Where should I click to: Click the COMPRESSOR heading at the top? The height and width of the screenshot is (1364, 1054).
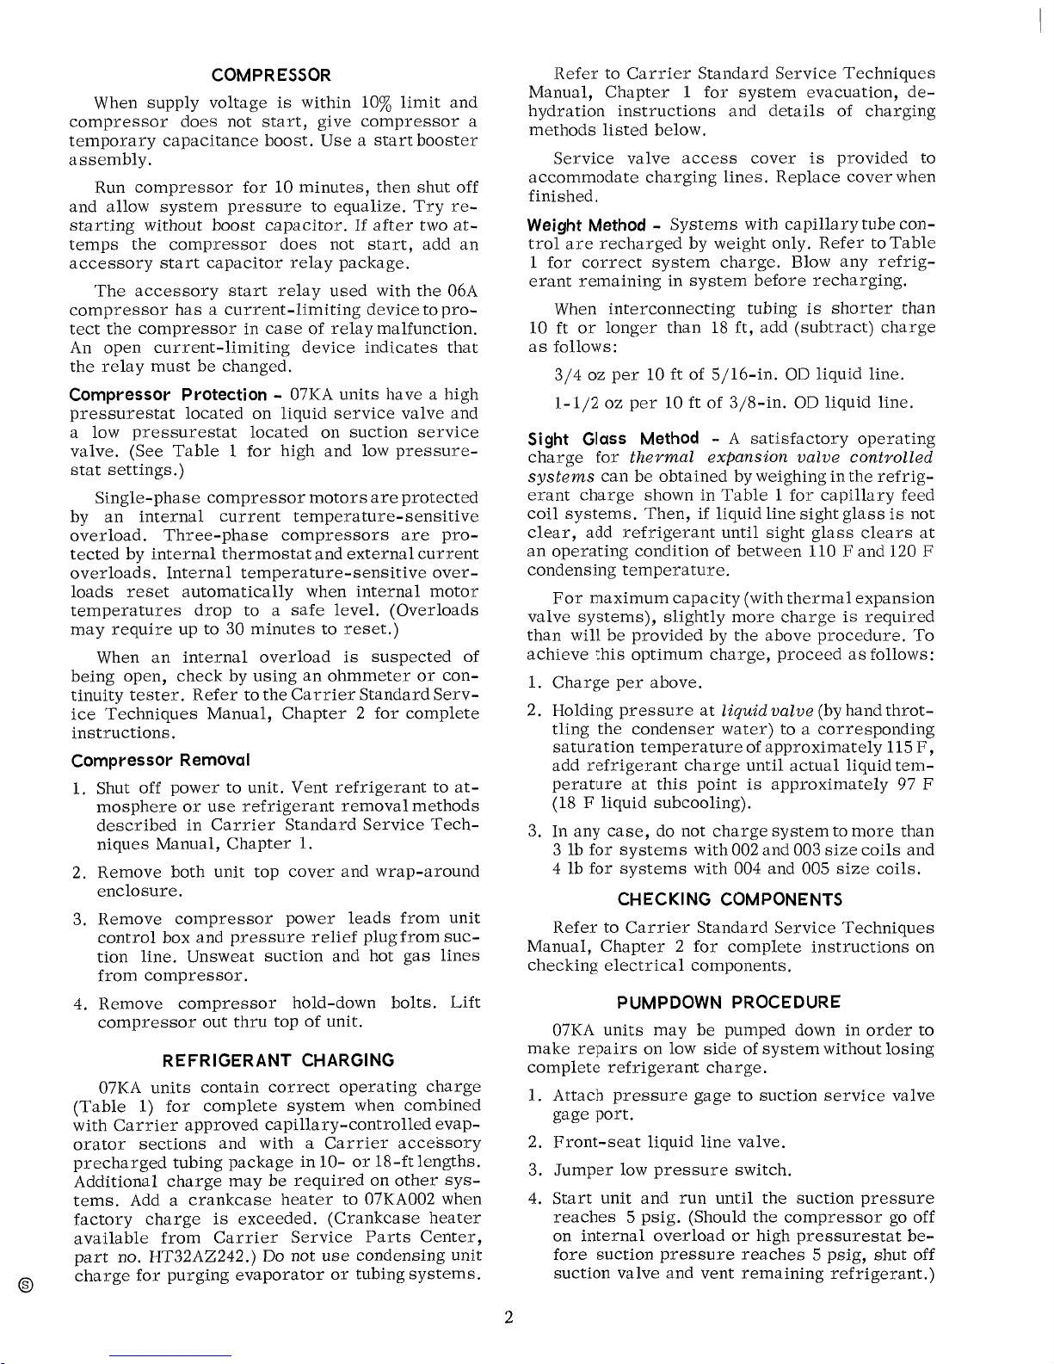[x=271, y=75]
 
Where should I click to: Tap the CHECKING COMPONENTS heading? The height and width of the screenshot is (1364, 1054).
[x=730, y=899]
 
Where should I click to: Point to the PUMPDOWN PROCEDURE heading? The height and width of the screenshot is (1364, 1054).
[x=728, y=1002]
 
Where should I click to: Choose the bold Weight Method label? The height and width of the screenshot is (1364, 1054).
[x=587, y=225]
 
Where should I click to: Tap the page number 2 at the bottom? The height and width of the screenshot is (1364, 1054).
[x=509, y=1318]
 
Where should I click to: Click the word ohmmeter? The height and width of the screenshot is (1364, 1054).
[x=388, y=676]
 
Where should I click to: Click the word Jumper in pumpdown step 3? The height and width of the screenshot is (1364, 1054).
[x=582, y=1170]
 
